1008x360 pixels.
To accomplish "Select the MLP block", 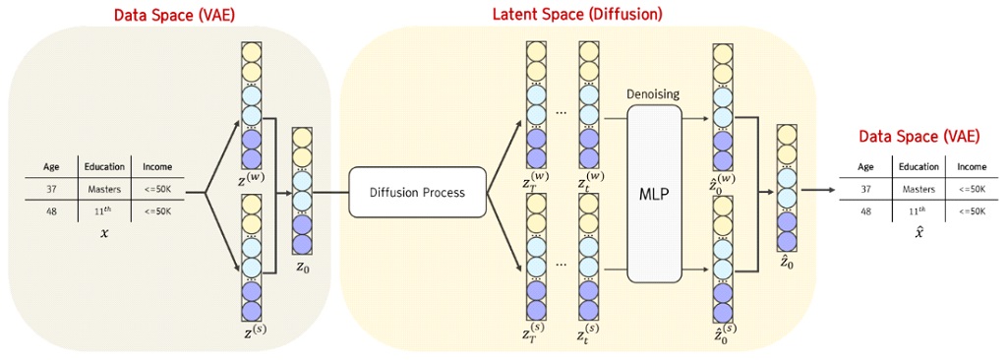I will (654, 193).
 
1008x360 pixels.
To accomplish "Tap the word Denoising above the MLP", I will (653, 93).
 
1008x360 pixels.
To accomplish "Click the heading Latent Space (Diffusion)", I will (577, 15).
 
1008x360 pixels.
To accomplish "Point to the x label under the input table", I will (104, 233).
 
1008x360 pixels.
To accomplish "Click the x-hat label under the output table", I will (918, 233).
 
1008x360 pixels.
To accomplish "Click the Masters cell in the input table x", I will (103, 189).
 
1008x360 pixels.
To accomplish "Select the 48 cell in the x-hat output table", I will (864, 210).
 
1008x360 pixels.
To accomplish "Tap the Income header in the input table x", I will (157, 166).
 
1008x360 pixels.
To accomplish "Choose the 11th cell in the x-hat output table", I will (918, 210).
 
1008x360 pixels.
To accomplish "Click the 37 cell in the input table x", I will (51, 189).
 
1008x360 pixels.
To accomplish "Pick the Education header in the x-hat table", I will (918, 166).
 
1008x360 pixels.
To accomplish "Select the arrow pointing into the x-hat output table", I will (816, 191).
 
